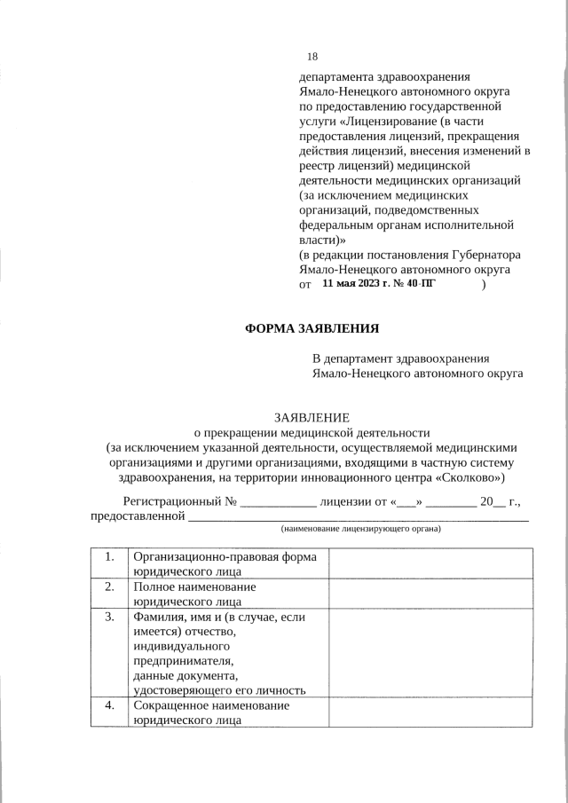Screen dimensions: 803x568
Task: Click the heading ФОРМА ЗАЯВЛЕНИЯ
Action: coord(312,328)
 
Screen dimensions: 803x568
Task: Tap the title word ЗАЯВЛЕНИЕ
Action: coord(312,417)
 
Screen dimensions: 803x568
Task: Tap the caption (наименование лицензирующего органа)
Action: coord(360,529)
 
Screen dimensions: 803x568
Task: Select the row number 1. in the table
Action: coord(109,556)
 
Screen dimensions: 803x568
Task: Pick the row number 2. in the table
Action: coord(109,587)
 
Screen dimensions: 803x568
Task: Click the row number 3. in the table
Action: coord(109,617)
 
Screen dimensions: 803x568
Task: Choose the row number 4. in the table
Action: coord(109,705)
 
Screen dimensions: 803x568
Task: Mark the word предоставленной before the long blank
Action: coord(138,516)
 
